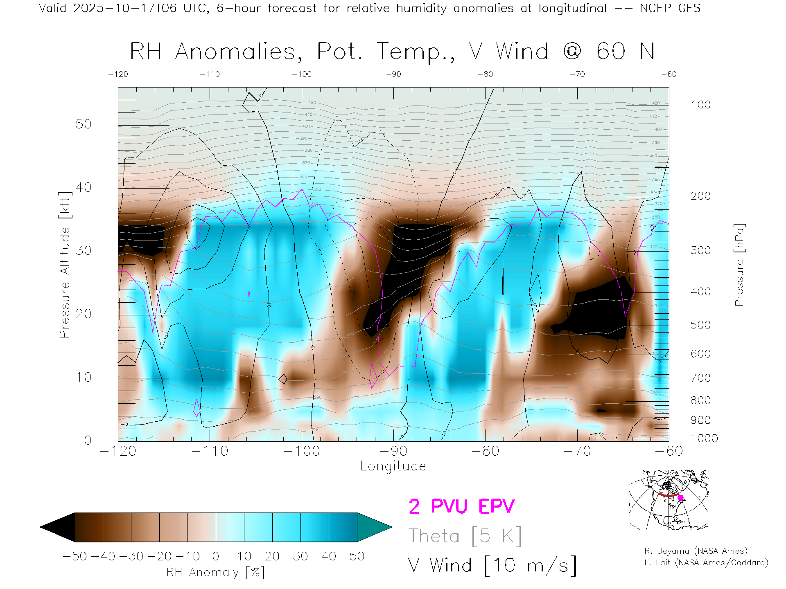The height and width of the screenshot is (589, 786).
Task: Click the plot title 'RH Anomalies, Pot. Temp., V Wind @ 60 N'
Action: pyautogui.click(x=392, y=52)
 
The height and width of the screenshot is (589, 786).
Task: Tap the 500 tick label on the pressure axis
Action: pyautogui.click(x=700, y=325)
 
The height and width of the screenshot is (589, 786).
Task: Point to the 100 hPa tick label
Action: pyautogui.click(x=700, y=105)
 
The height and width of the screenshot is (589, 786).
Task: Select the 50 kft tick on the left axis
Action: pyautogui.click(x=84, y=124)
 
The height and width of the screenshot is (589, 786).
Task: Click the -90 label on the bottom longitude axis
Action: pyautogui.click(x=393, y=451)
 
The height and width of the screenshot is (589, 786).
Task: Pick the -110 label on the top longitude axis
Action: pyautogui.click(x=210, y=74)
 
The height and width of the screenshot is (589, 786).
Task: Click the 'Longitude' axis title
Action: pyautogui.click(x=393, y=466)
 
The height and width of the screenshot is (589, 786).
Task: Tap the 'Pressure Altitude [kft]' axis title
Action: pyautogui.click(x=65, y=265)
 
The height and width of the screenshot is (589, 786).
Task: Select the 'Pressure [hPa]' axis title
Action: pyautogui.click(x=739, y=265)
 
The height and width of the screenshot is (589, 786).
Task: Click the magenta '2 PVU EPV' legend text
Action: pyautogui.click(x=461, y=506)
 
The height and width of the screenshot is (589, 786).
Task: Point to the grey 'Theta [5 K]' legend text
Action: pyautogui.click(x=465, y=536)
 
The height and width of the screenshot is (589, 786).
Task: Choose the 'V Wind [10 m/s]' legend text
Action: pyautogui.click(x=492, y=565)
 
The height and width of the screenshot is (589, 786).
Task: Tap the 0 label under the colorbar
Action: pyautogui.click(x=216, y=556)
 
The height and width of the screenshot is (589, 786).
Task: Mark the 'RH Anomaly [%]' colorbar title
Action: pyautogui.click(x=216, y=573)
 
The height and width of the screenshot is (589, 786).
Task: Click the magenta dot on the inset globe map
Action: pyautogui.click(x=680, y=498)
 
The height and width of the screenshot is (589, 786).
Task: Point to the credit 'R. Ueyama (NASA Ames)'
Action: pyautogui.click(x=696, y=551)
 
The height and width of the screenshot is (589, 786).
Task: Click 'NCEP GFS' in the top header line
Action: pyautogui.click(x=670, y=8)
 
